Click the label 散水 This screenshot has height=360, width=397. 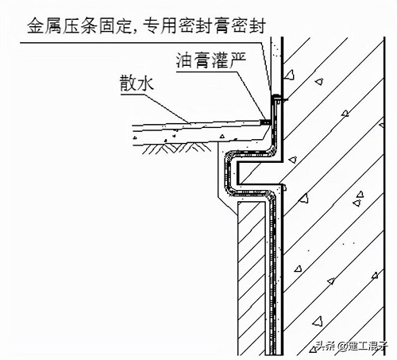click(137, 83)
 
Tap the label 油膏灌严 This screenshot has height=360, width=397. click(211, 60)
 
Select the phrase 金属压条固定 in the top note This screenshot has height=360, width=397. click(79, 25)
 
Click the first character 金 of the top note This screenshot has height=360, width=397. click(36, 25)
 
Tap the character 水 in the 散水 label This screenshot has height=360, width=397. click(146, 83)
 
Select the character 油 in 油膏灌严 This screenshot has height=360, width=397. click(184, 60)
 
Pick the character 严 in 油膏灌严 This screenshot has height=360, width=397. click(237, 60)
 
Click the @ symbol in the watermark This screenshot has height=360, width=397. click(342, 346)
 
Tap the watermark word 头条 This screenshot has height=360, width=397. click(326, 346)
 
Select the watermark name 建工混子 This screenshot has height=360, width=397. click(368, 346)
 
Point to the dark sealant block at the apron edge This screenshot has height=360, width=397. click(264, 122)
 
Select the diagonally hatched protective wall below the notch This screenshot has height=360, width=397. click(252, 278)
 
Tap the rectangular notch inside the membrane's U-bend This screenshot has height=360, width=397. click(258, 173)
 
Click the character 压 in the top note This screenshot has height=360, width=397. click(71, 25)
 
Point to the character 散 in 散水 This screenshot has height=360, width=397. click(128, 83)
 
